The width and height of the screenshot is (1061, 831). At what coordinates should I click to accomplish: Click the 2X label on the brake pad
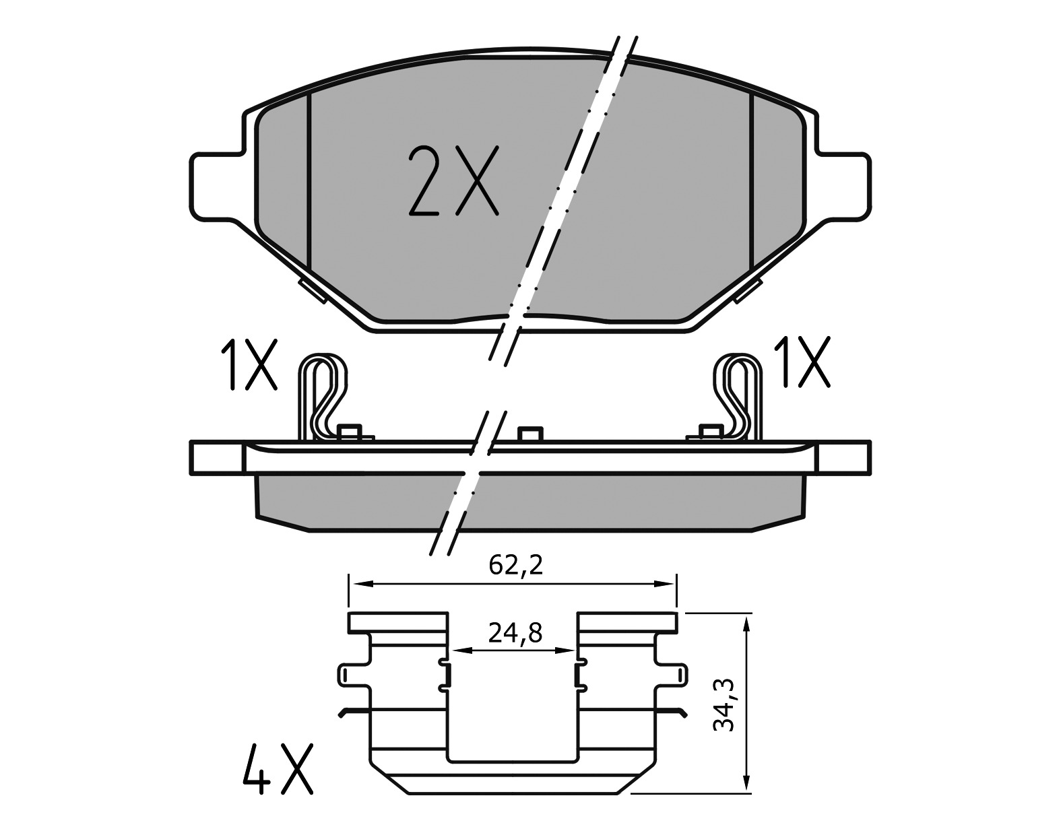[x=453, y=181]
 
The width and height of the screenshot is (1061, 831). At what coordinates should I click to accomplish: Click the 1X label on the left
[x=249, y=365]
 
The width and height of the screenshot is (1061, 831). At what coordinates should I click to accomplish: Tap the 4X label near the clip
[x=277, y=768]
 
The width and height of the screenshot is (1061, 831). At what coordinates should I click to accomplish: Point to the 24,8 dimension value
[x=515, y=633]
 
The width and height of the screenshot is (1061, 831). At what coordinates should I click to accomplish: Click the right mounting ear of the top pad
[x=845, y=186]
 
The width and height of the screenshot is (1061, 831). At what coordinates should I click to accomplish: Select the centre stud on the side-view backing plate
[x=530, y=434]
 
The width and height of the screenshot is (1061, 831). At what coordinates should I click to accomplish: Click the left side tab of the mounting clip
[x=351, y=676]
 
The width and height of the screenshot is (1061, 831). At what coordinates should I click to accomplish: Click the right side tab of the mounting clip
[x=673, y=676]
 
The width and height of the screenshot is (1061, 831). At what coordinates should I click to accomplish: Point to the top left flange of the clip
[x=397, y=622]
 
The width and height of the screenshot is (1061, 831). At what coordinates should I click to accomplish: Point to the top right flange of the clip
[x=626, y=622]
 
